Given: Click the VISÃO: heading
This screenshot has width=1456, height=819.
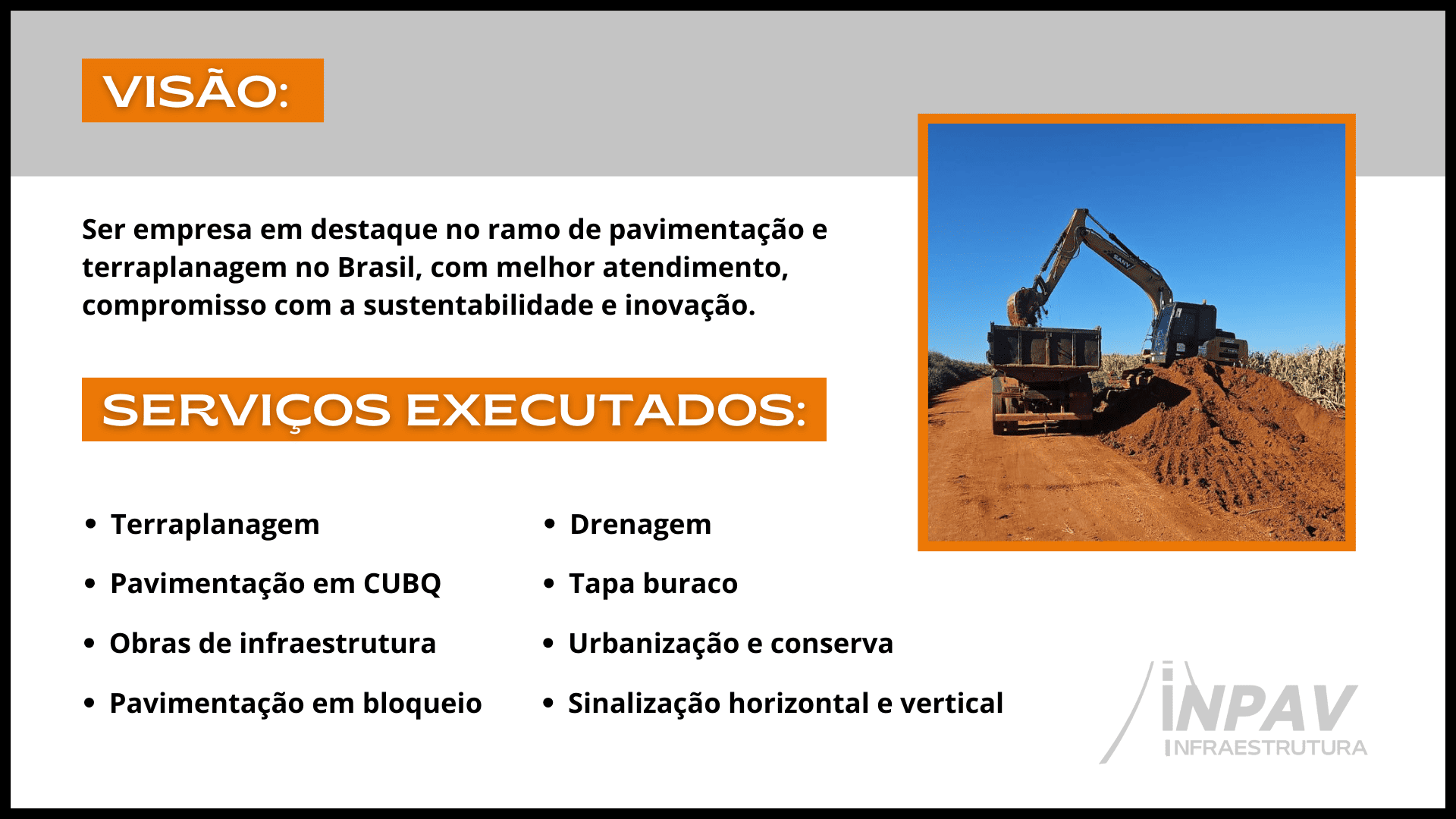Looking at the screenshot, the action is [x=196, y=91].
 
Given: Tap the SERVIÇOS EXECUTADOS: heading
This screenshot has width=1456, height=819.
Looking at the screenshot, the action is [x=453, y=410].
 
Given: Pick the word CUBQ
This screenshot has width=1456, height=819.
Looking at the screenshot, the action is [x=402, y=584].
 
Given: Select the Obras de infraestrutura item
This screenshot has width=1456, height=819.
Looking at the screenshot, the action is [x=273, y=644].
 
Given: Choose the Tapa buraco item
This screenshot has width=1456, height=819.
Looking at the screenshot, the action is [x=653, y=585].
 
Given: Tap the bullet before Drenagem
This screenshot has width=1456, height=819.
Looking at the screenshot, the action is [x=550, y=524].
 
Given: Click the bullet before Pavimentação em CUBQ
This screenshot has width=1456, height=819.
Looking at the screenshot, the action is [x=90, y=584].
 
